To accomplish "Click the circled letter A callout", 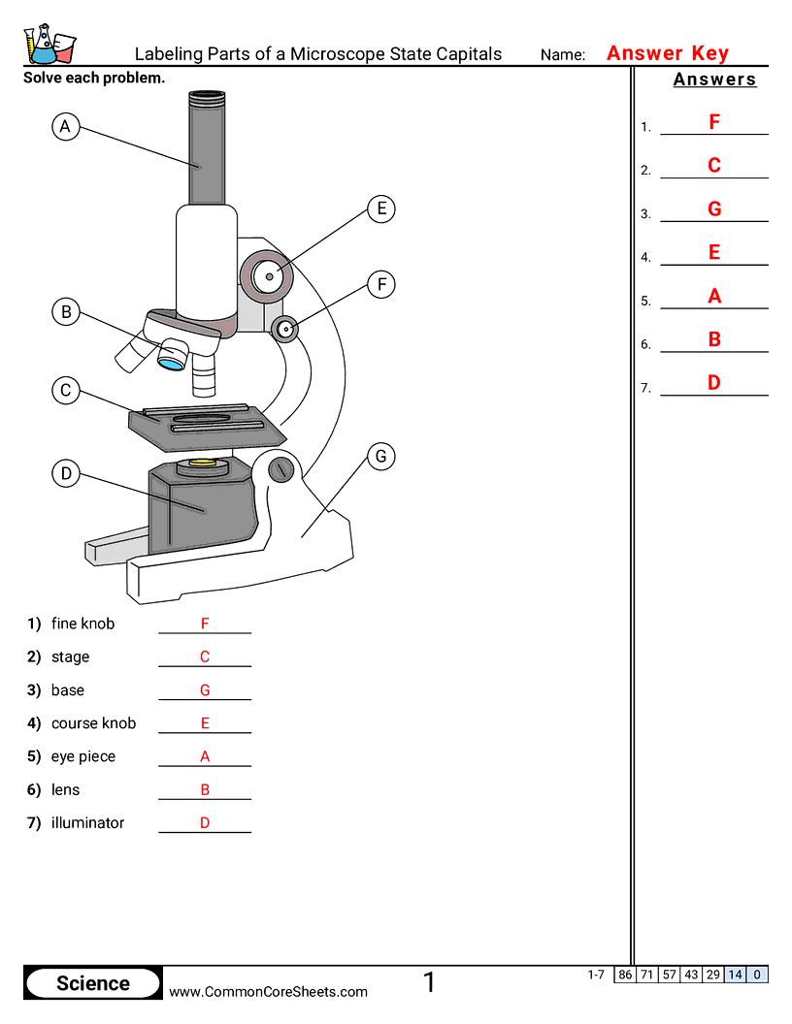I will point(65,126).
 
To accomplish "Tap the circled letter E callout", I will point(381,208).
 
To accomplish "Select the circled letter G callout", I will point(380,456).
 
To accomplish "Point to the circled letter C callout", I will point(65,391).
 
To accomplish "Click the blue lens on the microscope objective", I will point(172,363).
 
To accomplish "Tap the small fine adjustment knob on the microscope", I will point(285,329).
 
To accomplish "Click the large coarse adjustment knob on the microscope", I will point(268,276).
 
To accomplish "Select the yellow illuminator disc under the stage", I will point(203,464).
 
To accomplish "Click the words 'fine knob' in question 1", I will point(82,624).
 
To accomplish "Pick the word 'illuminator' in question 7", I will point(87,822).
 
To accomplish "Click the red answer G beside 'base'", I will point(205,690).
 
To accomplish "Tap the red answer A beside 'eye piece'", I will point(205,756).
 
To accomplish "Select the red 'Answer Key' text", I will point(668,53).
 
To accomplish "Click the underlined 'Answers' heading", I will point(714,80).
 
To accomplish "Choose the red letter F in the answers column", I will point(714,122).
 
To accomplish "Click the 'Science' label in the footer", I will point(93,983).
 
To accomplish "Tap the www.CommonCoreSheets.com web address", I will point(269,991).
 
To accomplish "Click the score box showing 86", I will point(624,975).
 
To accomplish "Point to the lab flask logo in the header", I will point(49,44).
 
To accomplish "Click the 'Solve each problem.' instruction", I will point(94,78).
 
